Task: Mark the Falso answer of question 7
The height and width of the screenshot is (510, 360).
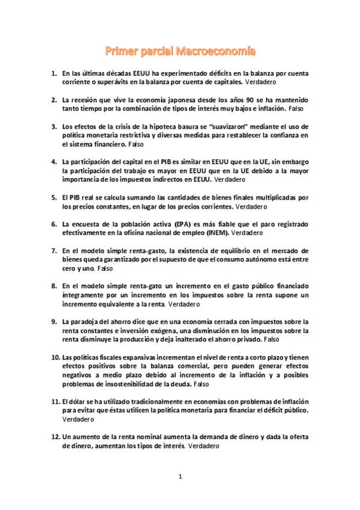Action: tap(105, 268)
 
